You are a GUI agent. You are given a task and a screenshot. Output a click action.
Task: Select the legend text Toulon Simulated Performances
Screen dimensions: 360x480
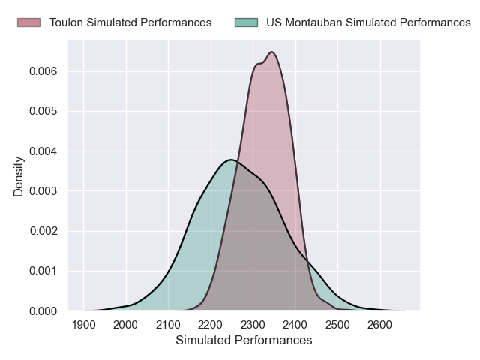(x=130, y=22)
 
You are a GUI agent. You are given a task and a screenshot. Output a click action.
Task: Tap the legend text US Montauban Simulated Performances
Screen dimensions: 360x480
(x=368, y=22)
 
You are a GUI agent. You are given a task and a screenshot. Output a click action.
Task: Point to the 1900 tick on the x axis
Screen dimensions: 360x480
(x=83, y=325)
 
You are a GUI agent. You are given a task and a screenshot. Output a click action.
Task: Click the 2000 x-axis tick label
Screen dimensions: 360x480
(x=126, y=325)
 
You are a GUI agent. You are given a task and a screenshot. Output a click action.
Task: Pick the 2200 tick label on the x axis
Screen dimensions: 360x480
(x=211, y=325)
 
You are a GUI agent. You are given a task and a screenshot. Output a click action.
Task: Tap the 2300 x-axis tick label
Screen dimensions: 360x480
(x=253, y=325)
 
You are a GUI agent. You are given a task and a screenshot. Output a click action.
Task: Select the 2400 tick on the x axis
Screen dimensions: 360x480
(x=295, y=325)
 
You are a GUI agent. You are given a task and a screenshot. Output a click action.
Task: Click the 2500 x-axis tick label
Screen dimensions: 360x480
(x=338, y=325)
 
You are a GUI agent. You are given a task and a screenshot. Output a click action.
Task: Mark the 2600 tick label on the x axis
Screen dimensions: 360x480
(x=380, y=325)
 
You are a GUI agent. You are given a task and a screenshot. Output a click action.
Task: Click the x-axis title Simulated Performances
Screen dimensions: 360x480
(x=244, y=340)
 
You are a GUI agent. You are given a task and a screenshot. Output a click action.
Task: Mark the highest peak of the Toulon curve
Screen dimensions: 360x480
(x=271, y=52)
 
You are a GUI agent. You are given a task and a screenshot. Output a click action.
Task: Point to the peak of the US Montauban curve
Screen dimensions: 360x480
(x=231, y=160)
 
